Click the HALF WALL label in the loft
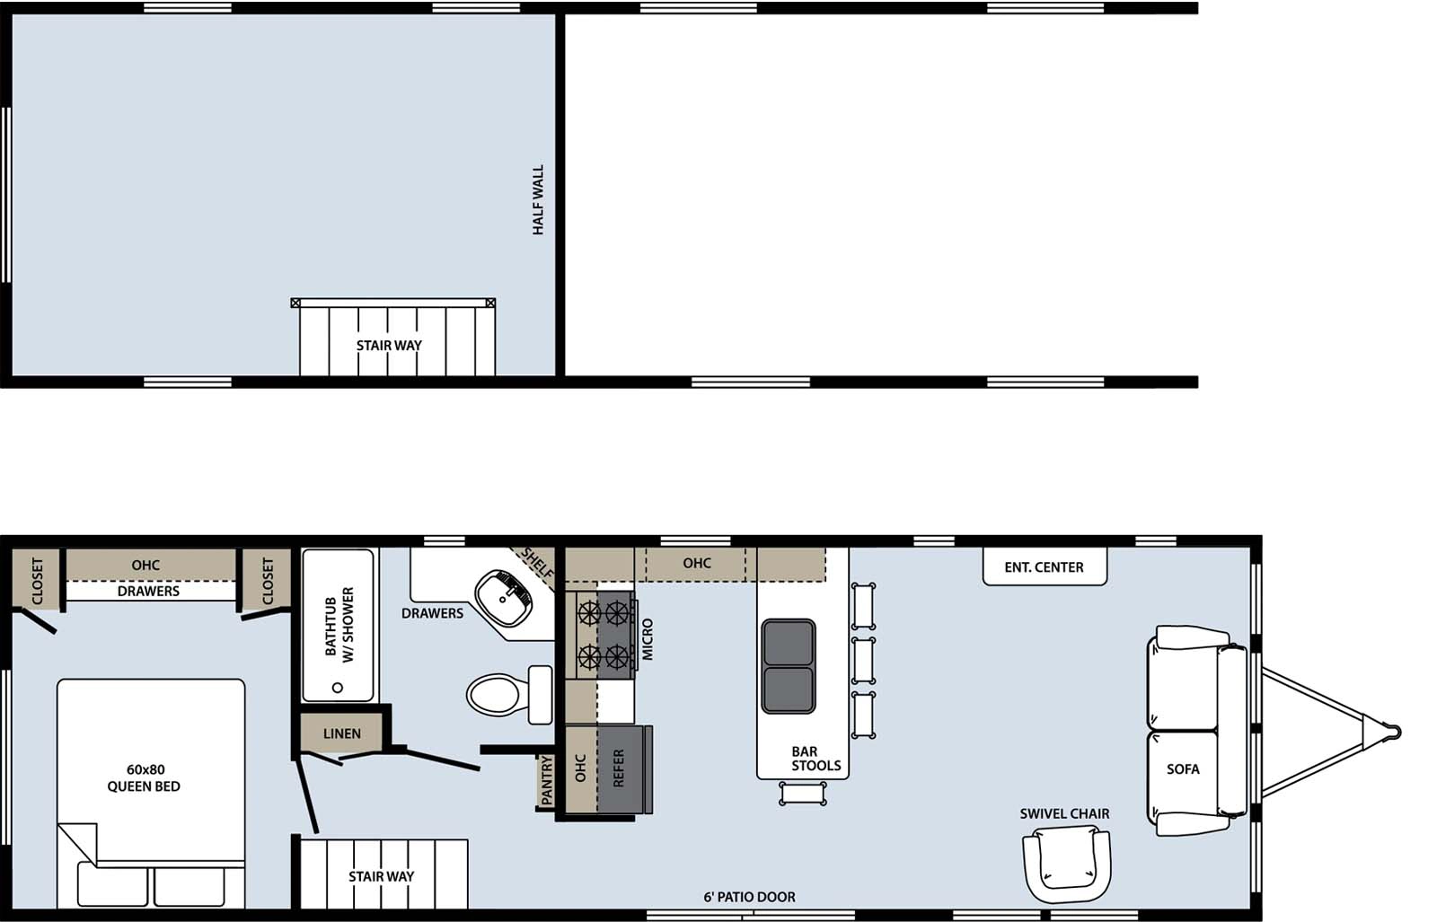[x=539, y=199]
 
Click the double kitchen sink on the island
[x=789, y=666]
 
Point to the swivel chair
[x=1066, y=864]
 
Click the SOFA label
[x=1183, y=769]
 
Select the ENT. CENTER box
[x=1045, y=567]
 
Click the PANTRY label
[x=547, y=779]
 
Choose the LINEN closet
[x=342, y=733]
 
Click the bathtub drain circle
[x=338, y=688]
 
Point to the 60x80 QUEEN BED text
[x=144, y=778]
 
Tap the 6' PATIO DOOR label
[x=749, y=897]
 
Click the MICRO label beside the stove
[x=648, y=639]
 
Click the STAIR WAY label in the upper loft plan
[x=389, y=346]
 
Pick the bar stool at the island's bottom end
[x=803, y=793]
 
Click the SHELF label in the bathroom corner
[x=537, y=563]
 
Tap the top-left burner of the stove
[x=588, y=613]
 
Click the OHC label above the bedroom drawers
[x=145, y=566]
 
